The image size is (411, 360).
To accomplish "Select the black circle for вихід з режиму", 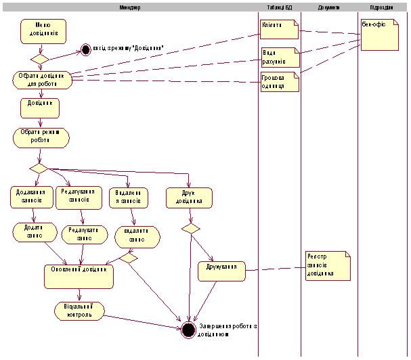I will click(85, 49).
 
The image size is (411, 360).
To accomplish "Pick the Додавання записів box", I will click(29, 196).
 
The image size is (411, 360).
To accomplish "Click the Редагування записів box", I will click(81, 196).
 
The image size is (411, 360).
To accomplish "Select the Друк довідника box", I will click(190, 196).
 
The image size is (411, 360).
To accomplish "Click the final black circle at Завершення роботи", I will click(189, 330).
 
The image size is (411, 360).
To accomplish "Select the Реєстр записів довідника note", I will click(327, 265).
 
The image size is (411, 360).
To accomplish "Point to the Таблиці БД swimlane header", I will click(279, 7).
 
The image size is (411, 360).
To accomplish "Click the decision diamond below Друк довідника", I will click(191, 229).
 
